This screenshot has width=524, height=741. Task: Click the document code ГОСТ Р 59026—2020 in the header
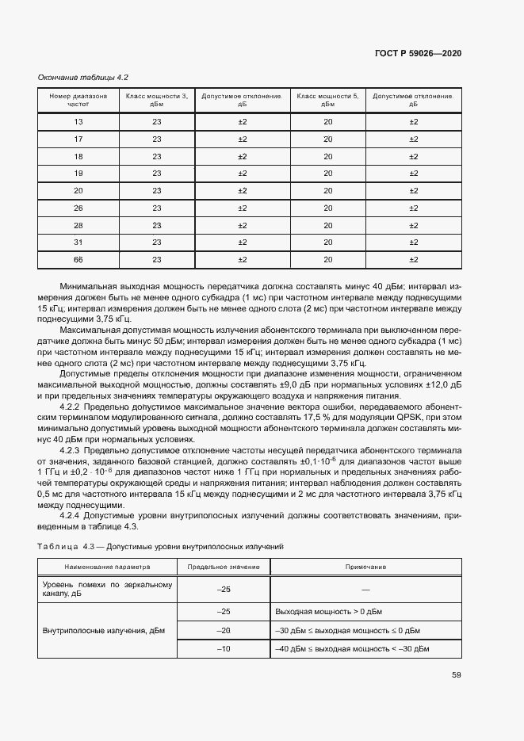click(418, 53)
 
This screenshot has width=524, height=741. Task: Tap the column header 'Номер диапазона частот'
click(78, 100)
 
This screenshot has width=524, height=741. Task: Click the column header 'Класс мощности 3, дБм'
click(156, 100)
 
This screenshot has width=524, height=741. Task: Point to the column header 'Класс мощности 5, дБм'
click(327, 100)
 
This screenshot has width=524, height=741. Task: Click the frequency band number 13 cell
click(78, 121)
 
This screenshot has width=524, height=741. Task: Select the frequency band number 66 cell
click(78, 259)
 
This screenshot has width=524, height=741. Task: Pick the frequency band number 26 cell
click(78, 208)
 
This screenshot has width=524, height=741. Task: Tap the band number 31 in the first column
click(78, 242)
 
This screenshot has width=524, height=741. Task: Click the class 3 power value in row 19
click(156, 173)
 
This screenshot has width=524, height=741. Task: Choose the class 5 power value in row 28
click(327, 225)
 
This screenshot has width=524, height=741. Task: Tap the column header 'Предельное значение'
click(223, 567)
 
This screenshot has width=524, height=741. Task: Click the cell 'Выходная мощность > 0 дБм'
click(328, 612)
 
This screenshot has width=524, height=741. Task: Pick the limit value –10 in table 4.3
click(223, 648)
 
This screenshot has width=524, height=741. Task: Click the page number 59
click(457, 675)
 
